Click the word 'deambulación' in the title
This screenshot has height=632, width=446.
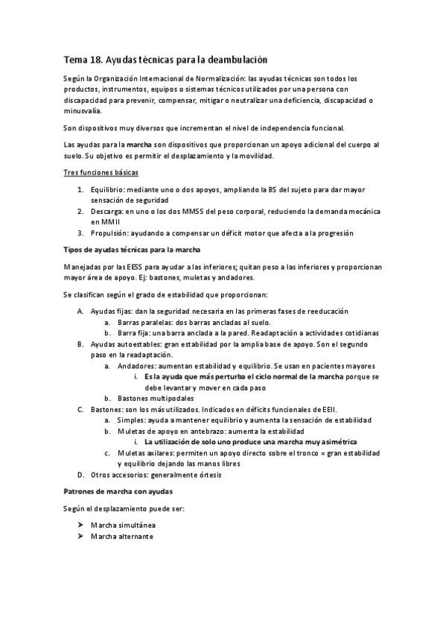[x=232, y=58]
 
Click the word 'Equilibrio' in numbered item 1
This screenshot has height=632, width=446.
[x=106, y=191]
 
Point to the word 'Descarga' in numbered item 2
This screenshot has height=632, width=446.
[x=106, y=212]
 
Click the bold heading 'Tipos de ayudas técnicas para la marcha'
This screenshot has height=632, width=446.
[x=130, y=248]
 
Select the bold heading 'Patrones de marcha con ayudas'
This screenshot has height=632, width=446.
[x=118, y=493]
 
